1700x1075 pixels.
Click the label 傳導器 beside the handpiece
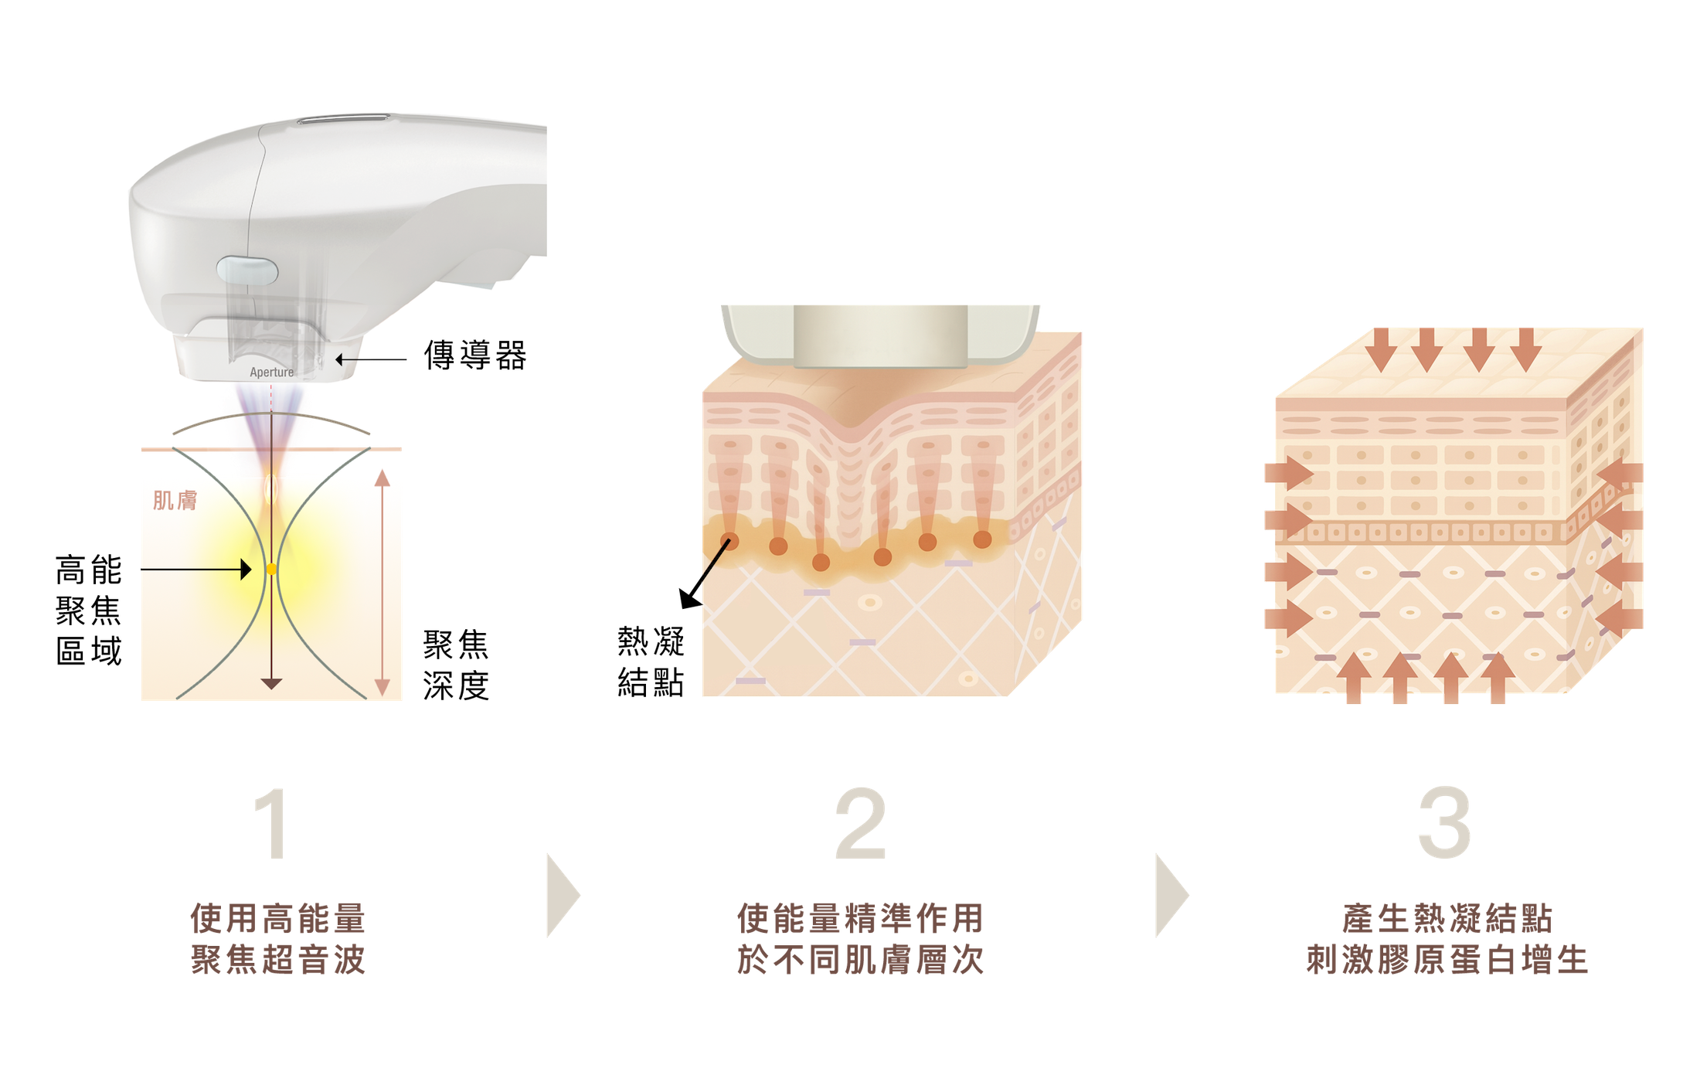tap(475, 355)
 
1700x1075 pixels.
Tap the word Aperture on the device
tap(271, 373)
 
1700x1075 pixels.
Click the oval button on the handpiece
tap(247, 270)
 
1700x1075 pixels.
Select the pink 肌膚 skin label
tap(175, 501)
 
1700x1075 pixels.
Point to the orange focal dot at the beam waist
tap(271, 570)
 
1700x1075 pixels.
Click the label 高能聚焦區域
tap(89, 610)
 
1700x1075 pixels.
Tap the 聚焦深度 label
tap(456, 665)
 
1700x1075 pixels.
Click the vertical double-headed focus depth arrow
tap(382, 583)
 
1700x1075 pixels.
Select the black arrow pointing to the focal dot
tap(196, 570)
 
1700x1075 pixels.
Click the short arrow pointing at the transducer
tap(371, 359)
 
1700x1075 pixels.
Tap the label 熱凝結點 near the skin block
tap(651, 662)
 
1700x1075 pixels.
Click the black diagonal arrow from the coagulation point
tap(704, 574)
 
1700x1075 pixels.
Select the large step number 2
tap(860, 823)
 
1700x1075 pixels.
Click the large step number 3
tap(1444, 823)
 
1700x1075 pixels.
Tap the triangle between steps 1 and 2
tap(563, 896)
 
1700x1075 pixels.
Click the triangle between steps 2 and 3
tap(1171, 896)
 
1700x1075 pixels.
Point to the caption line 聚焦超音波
tap(278, 960)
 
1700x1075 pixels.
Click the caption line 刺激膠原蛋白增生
tap(1447, 960)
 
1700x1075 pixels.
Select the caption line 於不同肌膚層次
tap(860, 960)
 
